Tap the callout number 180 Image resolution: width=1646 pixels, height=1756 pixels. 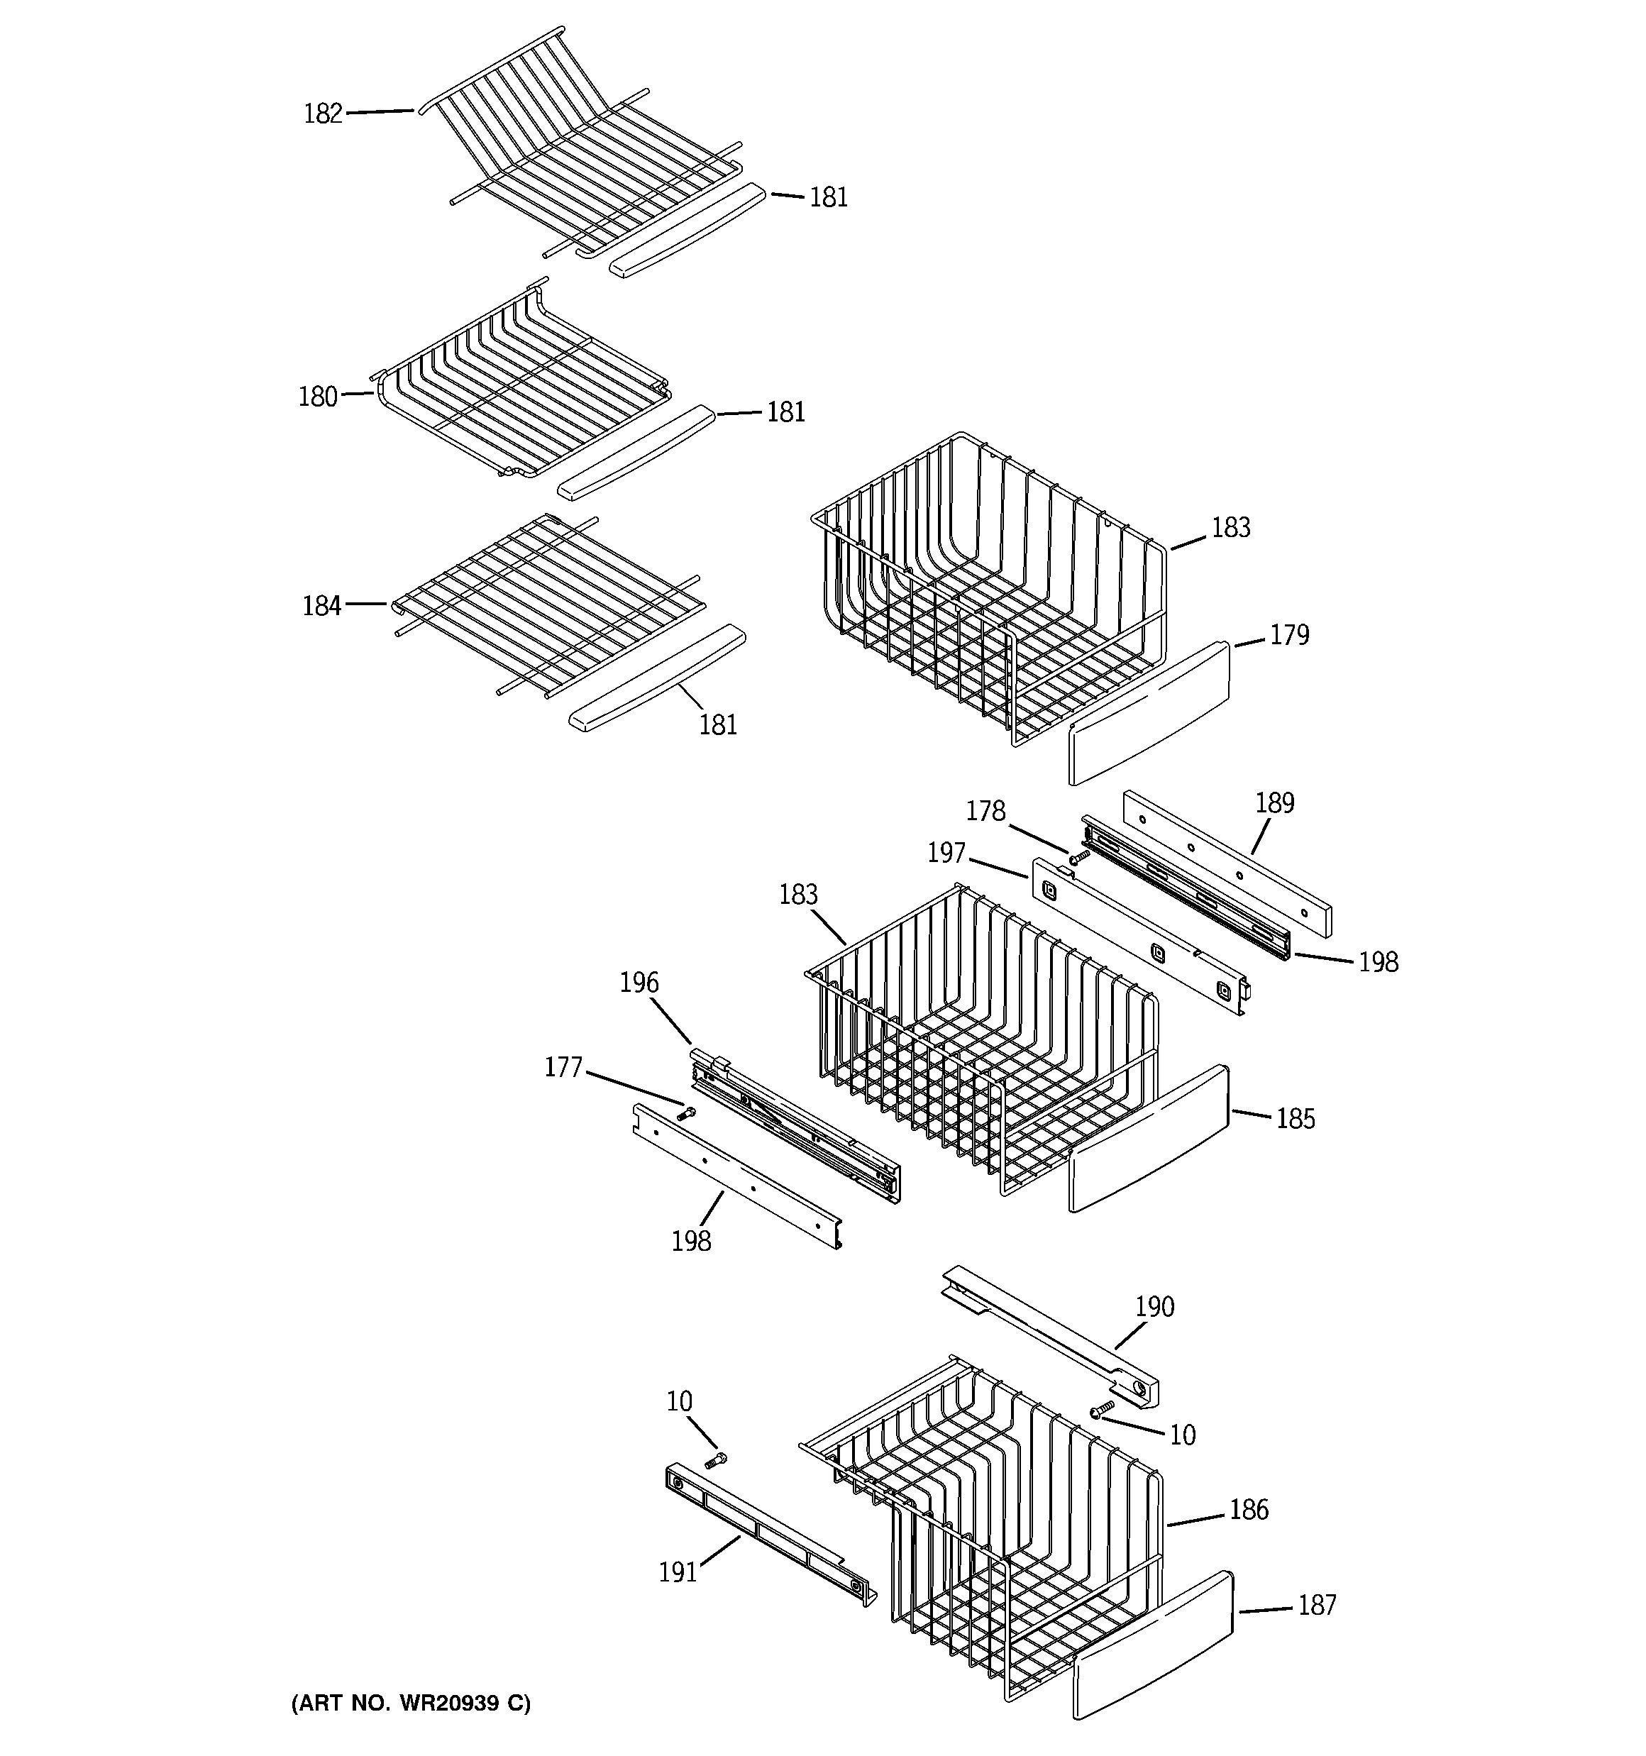click(318, 397)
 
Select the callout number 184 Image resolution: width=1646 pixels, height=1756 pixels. click(321, 606)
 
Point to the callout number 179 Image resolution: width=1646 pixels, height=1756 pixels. click(1289, 635)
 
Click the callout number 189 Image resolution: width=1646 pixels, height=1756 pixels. click(1274, 803)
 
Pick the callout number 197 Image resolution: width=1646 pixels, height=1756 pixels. click(946, 854)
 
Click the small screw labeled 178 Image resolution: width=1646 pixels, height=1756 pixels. click(1077, 858)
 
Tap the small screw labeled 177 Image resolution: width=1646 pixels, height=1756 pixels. click(685, 1115)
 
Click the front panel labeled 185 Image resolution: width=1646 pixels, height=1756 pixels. click(1149, 1139)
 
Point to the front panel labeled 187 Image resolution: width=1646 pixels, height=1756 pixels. click(1153, 1645)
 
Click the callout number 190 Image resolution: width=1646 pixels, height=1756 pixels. click(1154, 1306)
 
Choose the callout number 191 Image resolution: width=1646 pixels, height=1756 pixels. click(678, 1572)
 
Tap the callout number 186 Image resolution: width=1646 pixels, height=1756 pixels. click(1249, 1510)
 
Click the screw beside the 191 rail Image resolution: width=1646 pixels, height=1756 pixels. click(716, 1461)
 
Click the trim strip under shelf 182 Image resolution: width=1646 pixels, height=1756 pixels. click(687, 231)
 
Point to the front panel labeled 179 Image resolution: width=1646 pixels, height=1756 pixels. click(1149, 714)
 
